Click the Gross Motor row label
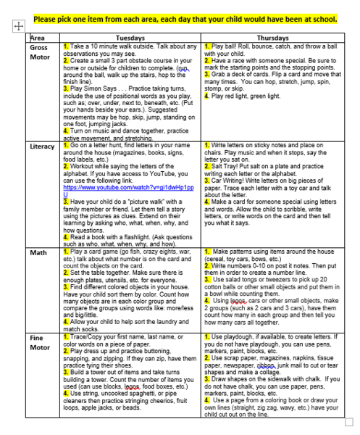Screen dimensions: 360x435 click(x=40, y=51)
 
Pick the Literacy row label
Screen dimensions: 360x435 click(x=43, y=146)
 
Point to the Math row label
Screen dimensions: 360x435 click(x=38, y=253)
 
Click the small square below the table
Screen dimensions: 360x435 click(x=349, y=421)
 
